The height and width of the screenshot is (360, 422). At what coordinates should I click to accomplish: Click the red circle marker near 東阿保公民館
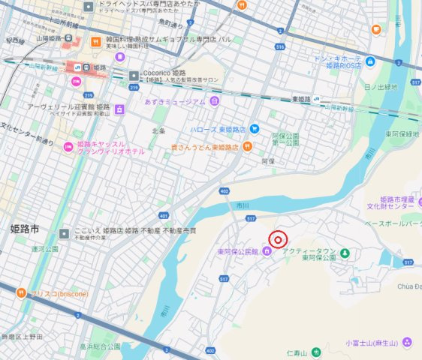(x=278, y=240)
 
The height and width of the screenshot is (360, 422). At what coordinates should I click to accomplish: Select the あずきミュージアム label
(x=175, y=100)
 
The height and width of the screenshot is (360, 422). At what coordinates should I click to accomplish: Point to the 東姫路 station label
(x=302, y=99)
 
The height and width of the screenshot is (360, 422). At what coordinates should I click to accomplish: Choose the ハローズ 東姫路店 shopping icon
(x=254, y=128)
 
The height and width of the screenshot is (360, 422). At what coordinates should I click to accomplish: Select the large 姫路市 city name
(x=29, y=226)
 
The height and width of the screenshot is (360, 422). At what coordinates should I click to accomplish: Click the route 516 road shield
(x=279, y=46)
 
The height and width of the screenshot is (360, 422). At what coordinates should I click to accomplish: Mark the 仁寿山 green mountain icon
(x=316, y=350)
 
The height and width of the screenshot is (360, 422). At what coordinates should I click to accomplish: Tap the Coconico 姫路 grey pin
(x=134, y=73)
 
